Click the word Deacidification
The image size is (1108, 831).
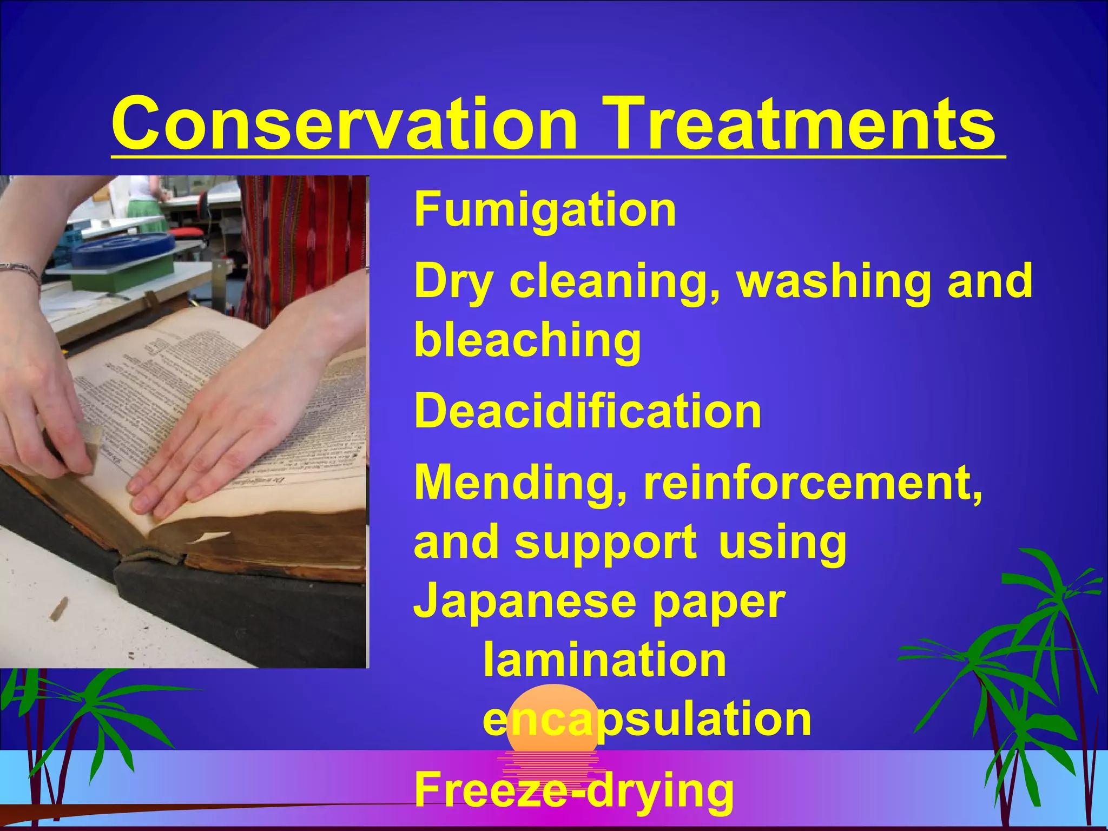pos(588,412)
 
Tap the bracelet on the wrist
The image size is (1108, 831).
pos(22,271)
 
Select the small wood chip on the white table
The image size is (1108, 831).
pos(58,609)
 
